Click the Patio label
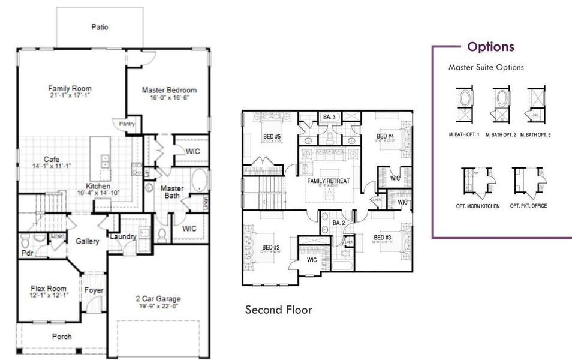pos(100,27)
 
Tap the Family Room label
pos(70,89)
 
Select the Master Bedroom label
pos(169,90)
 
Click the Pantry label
pos(127,124)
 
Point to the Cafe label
pos(51,159)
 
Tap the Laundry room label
pos(123,236)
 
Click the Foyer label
pos(94,290)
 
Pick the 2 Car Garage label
pos(158,299)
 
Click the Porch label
pos(62,337)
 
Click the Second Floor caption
pos(278,310)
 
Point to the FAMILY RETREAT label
pos(328,181)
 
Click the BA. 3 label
pos(329,117)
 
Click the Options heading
pos(490,47)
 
